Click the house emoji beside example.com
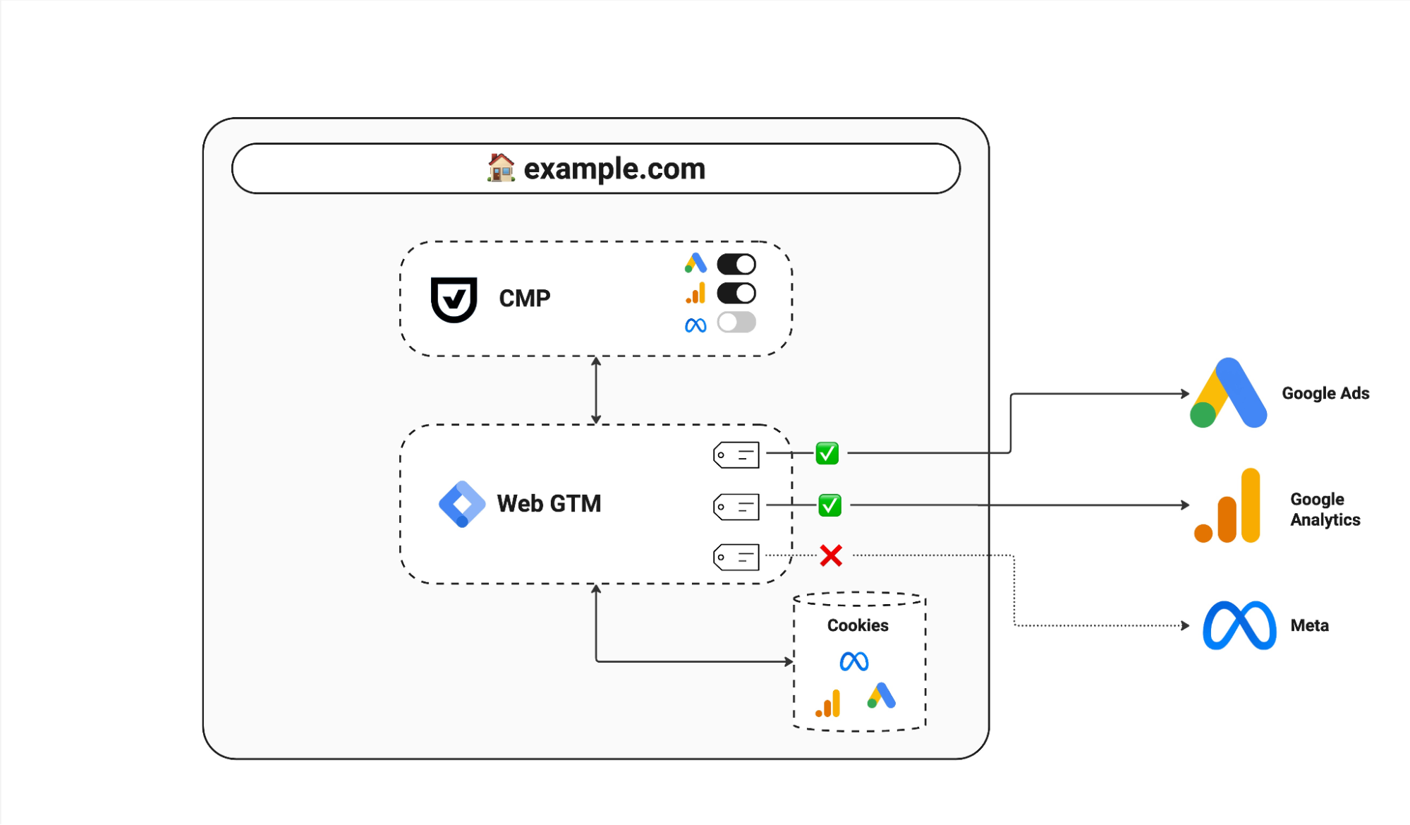(x=501, y=168)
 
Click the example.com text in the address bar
(x=614, y=169)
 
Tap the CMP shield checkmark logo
(x=454, y=299)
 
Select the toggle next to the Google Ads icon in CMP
(x=736, y=264)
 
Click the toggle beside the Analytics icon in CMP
(x=736, y=293)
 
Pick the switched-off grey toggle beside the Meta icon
(x=736, y=323)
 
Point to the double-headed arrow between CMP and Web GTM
(x=596, y=390)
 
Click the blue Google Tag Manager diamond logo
(x=462, y=504)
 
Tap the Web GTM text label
(x=549, y=504)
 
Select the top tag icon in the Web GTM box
(x=736, y=455)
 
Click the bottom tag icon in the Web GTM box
(x=736, y=557)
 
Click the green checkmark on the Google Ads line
(x=827, y=453)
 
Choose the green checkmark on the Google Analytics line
(x=829, y=505)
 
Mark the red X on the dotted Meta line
(x=831, y=556)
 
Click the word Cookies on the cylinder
(x=858, y=625)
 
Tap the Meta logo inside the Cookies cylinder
(x=853, y=661)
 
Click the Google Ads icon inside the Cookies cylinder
(x=881, y=696)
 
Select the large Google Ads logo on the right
(x=1228, y=393)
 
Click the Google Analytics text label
(x=1325, y=510)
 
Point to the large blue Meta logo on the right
(x=1239, y=625)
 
